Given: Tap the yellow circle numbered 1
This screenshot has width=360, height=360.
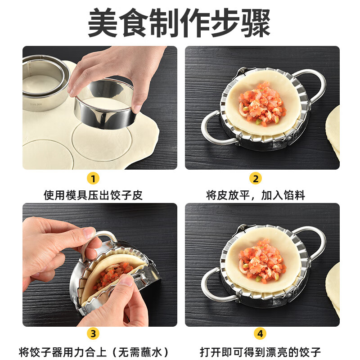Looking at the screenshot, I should [93, 179].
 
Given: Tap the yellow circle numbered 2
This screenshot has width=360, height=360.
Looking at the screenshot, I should [255, 179].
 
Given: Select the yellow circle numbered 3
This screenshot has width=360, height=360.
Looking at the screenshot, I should [93, 333].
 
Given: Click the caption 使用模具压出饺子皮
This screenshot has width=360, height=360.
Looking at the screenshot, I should [93, 195].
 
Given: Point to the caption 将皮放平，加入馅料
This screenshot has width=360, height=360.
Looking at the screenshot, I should [256, 195].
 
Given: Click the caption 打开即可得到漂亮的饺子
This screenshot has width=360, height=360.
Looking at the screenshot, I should [261, 351].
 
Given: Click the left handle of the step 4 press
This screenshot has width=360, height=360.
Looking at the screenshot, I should [215, 285].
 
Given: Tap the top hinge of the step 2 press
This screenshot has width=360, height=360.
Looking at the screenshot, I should [243, 71].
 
